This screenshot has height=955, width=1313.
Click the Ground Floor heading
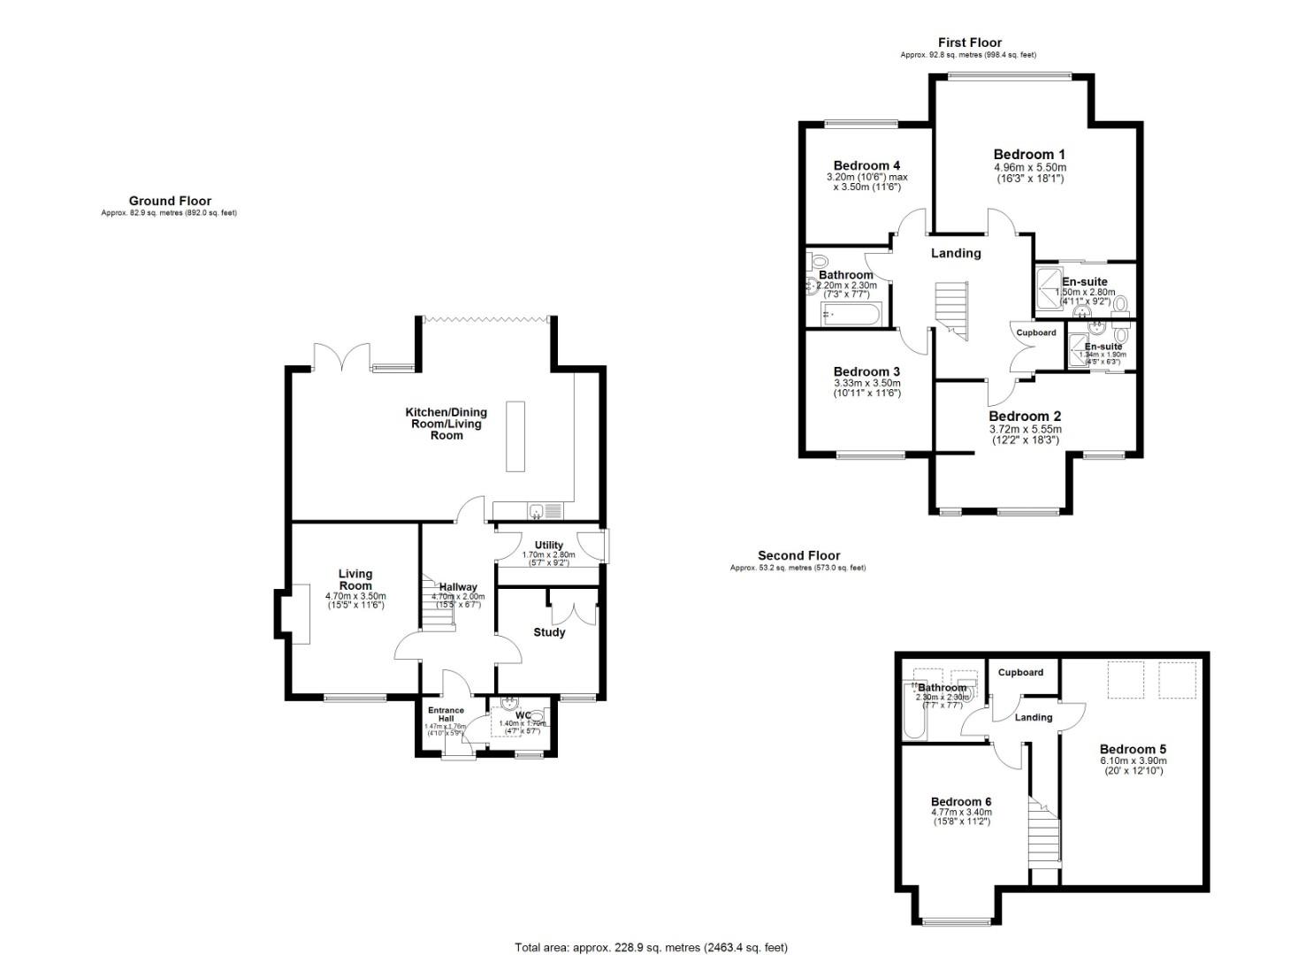(170, 201)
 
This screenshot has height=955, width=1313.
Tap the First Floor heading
(969, 42)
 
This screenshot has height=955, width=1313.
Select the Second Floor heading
(798, 555)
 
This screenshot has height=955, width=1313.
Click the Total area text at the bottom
(651, 948)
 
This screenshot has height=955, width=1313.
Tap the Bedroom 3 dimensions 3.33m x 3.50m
(866, 383)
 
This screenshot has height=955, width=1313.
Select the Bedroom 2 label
(1025, 416)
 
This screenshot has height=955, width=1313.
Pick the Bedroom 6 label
(961, 801)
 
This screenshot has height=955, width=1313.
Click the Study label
(549, 632)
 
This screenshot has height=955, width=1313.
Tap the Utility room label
(548, 545)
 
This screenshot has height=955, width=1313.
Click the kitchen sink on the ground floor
(536, 510)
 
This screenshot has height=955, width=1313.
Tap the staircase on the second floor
(1044, 837)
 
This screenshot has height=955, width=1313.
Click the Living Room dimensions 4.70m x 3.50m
(355, 596)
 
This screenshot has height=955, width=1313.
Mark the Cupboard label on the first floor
(1035, 332)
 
